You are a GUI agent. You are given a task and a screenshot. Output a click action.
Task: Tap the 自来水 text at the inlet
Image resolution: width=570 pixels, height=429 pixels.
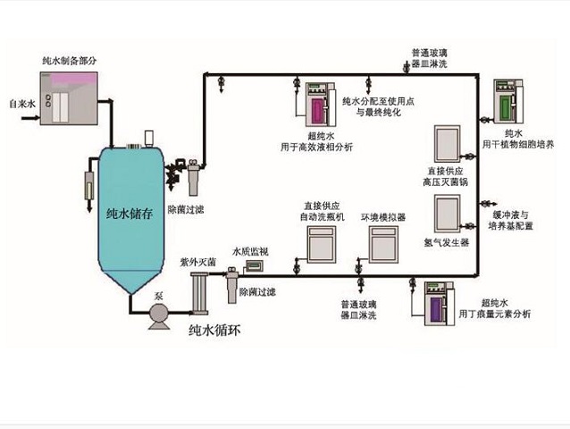tap(21, 105)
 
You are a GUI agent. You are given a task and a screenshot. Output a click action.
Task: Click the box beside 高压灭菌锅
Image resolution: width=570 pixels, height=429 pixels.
tap(447, 143)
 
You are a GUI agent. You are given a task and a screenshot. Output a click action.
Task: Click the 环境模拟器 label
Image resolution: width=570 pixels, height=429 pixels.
tap(383, 216)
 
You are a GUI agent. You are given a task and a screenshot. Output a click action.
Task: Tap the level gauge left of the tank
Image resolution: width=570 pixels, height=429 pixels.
tap(90, 188)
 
